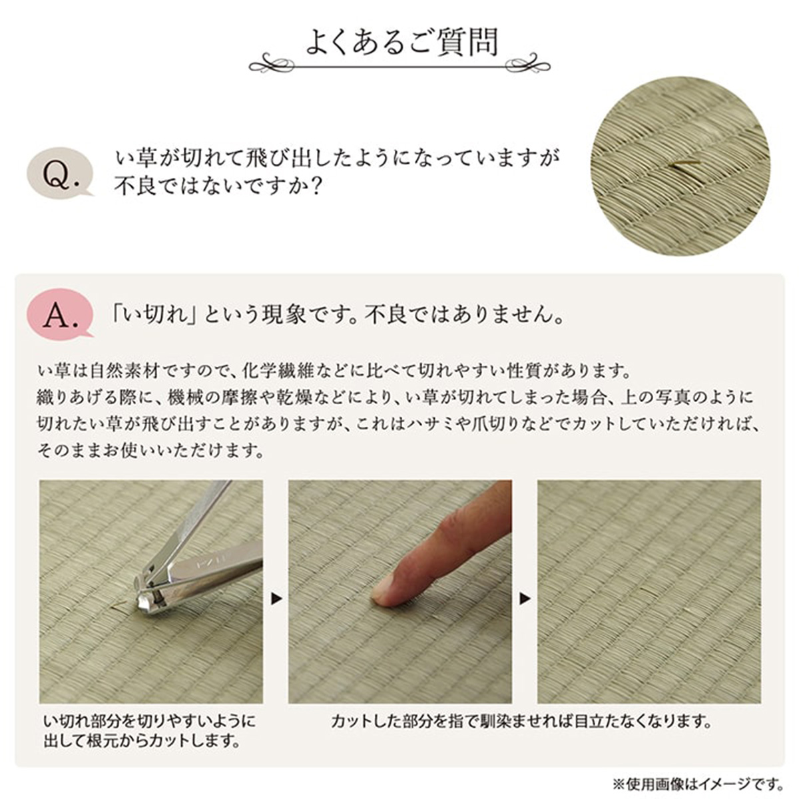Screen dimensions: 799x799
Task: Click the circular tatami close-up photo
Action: tap(679, 166)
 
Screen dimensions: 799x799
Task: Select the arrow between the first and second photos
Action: tap(276, 599)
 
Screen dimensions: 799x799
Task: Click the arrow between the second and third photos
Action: tap(525, 599)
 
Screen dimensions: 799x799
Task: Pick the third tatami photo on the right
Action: tap(649, 591)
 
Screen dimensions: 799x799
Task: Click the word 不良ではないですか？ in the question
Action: tap(219, 186)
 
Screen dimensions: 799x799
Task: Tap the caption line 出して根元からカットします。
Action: tap(142, 740)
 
